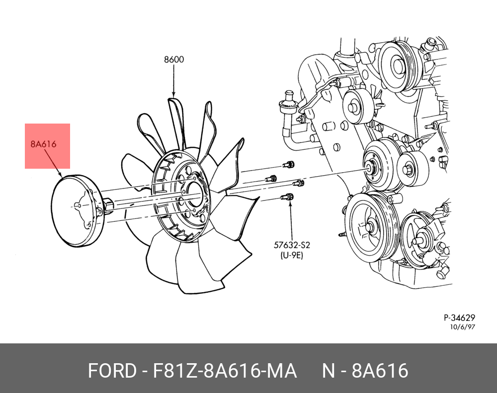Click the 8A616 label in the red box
(43, 144)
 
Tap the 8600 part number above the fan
(174, 60)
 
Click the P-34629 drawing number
(460, 318)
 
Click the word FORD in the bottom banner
(111, 371)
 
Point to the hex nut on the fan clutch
(108, 204)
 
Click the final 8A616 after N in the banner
(380, 371)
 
